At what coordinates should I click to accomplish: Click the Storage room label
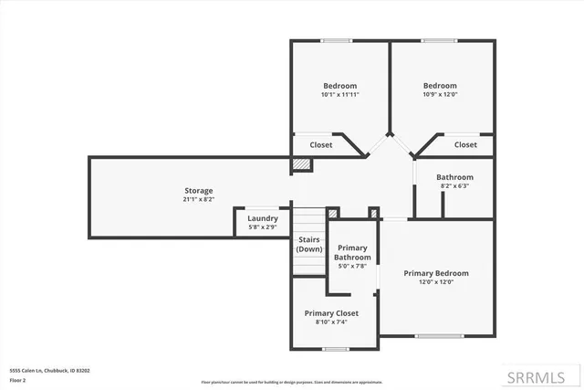[x=199, y=191]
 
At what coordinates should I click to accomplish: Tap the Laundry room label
[x=262, y=218]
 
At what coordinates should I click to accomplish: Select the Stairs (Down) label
[x=309, y=244]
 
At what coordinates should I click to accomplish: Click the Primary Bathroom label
[x=353, y=253]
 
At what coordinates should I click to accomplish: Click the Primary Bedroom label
[x=436, y=273]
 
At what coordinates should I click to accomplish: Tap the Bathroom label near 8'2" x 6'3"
[x=454, y=177]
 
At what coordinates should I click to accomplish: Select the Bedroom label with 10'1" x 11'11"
[x=339, y=86]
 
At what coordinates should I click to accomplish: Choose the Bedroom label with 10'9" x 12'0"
[x=440, y=86]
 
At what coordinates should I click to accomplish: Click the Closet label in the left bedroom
[x=321, y=144]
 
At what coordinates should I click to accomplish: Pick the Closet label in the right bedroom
[x=465, y=144]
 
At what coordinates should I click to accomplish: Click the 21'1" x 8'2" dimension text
[x=199, y=199]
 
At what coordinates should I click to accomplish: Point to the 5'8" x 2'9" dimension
[x=262, y=227]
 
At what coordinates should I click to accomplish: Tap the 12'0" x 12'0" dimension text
[x=436, y=282]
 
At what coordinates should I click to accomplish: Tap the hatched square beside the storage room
[x=301, y=164]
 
